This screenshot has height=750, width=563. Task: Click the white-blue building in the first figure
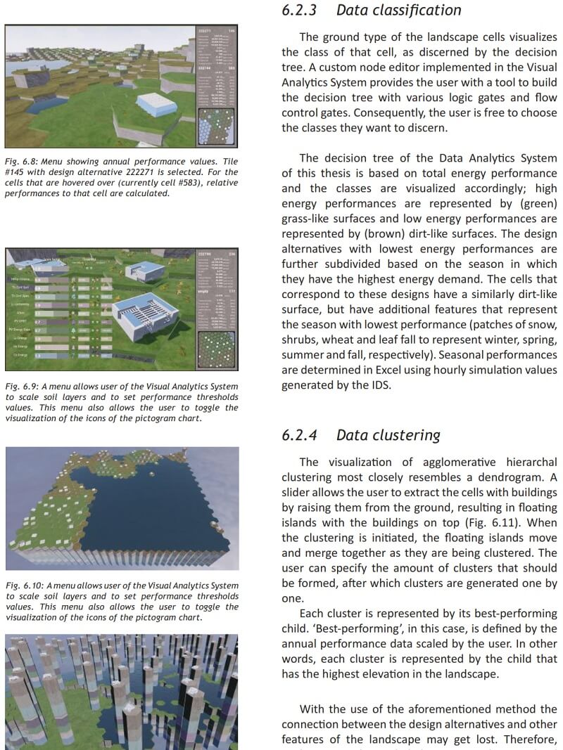[x=156, y=104]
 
